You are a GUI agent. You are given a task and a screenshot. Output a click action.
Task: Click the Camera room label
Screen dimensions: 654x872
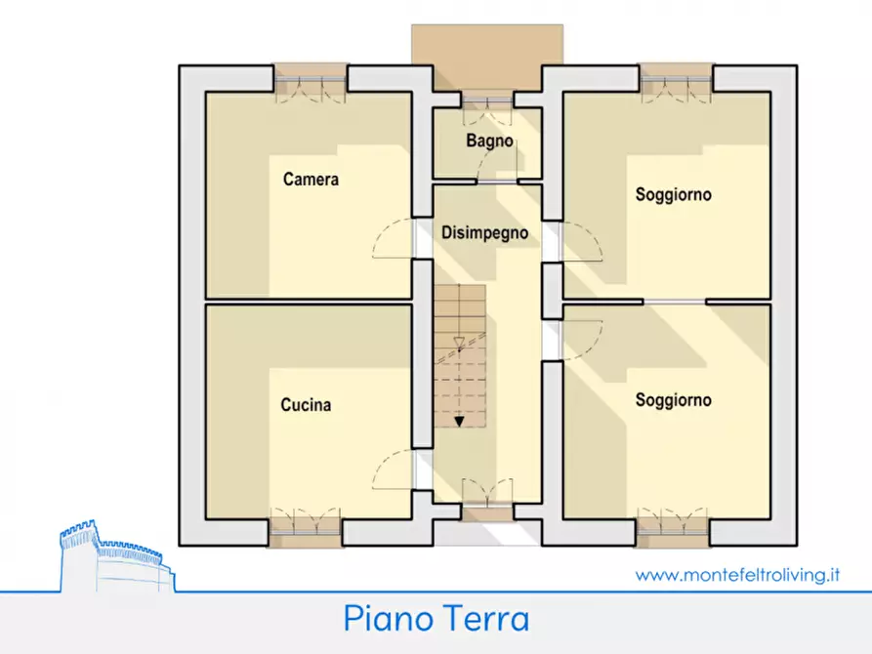(311, 180)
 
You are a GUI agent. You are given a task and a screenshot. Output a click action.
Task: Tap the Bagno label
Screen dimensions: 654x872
(488, 141)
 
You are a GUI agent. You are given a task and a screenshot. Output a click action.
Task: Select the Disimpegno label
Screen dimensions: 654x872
(485, 233)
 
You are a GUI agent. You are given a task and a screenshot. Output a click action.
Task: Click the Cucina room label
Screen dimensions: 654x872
(306, 405)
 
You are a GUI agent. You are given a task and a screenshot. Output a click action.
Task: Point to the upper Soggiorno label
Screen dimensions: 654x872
(673, 194)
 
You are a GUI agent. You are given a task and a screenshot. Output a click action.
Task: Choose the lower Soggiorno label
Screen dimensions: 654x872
(673, 400)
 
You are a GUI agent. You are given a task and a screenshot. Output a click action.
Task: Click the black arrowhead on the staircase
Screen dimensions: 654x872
(460, 421)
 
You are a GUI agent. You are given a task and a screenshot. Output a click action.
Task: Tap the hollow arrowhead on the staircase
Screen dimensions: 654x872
(460, 342)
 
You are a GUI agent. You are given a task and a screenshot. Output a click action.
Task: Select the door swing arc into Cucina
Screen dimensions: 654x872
(394, 465)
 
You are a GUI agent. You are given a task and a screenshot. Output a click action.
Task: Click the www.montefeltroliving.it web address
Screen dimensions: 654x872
(737, 575)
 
